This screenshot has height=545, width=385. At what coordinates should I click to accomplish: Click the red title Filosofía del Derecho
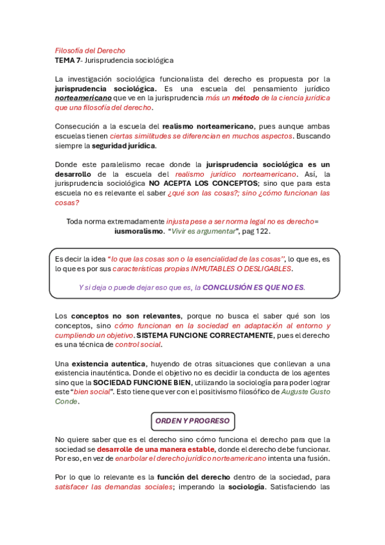click(90, 50)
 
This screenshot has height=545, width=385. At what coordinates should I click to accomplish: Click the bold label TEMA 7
click(67, 60)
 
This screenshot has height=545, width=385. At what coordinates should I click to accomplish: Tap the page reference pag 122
click(256, 231)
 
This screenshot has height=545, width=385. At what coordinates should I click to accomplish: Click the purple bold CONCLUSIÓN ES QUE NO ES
click(254, 287)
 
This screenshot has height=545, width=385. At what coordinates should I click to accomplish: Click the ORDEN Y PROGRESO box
click(192, 421)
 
